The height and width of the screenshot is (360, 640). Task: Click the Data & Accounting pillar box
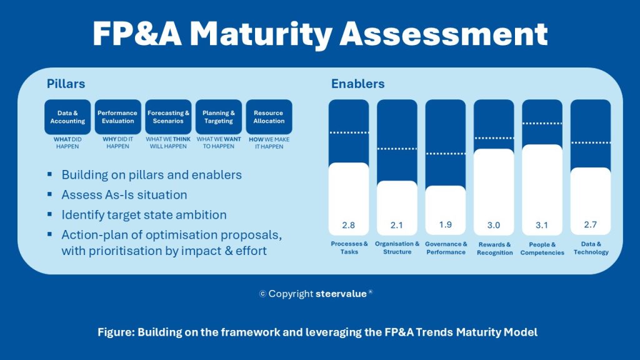coord(67,117)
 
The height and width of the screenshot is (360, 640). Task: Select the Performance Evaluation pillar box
coord(118,117)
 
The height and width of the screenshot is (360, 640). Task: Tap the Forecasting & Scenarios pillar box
coord(169,117)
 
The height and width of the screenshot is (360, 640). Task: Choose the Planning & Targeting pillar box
coord(219,117)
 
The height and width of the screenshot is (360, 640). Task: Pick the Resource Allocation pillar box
coord(269,117)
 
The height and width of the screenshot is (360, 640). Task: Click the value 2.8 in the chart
coord(349,225)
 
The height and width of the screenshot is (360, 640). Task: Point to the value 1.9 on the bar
coord(446,225)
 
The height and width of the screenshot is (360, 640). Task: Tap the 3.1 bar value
coord(542,225)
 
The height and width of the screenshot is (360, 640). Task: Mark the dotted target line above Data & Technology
coord(591,143)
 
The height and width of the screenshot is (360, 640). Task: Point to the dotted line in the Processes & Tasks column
coord(349,132)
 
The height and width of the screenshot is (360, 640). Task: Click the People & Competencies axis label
coord(542,248)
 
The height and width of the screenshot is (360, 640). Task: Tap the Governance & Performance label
coord(446,248)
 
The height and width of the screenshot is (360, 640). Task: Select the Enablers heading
coord(357,84)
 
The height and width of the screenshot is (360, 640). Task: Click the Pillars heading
coord(66,84)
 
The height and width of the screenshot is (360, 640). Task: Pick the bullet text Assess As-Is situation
coord(124,195)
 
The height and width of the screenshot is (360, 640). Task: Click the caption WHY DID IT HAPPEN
coord(118,143)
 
